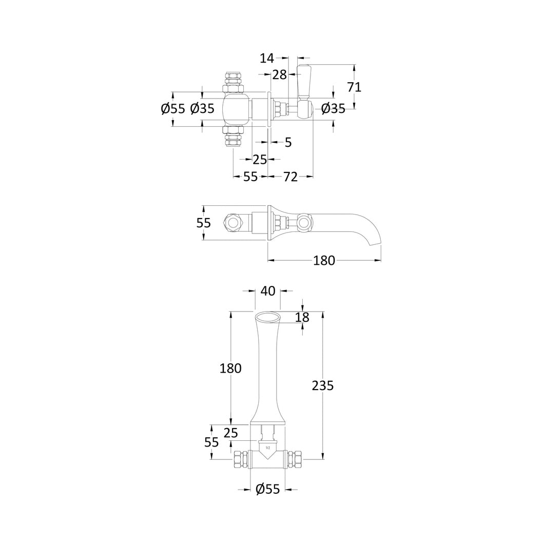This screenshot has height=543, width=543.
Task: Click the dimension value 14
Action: point(267,58)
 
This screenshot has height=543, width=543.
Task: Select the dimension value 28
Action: point(280,74)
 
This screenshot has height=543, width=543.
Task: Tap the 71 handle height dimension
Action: point(354,87)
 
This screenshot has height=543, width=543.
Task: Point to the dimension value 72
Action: point(290,177)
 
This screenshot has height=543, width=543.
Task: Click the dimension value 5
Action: point(288,142)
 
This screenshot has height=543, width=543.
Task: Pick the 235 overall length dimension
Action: point(323,385)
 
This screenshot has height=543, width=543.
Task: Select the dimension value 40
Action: point(268,291)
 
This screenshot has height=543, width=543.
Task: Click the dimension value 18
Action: point(302,317)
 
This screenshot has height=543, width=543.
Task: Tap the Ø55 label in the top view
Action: point(173,109)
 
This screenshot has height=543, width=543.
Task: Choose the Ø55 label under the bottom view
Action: point(267,489)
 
